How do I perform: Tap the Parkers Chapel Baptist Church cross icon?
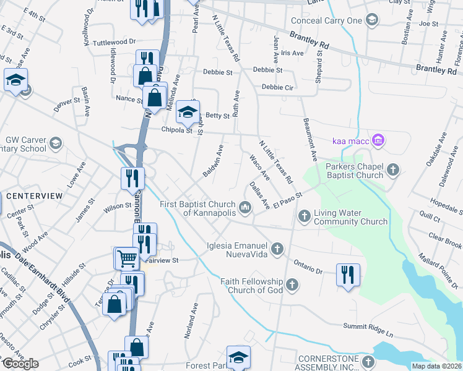click(x=392, y=169)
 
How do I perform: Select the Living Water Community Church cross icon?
click(x=304, y=216)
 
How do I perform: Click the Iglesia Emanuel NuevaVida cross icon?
click(x=277, y=249)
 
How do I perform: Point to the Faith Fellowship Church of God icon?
click(x=292, y=285)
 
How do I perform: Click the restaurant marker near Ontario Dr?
click(x=348, y=274)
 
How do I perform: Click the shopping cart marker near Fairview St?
click(x=126, y=257)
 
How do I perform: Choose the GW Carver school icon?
click(x=55, y=144)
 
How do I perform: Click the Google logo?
click(x=20, y=364)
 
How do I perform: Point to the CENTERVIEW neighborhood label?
click(x=35, y=196)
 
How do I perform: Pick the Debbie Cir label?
click(x=277, y=87)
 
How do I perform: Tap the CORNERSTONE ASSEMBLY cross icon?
click(x=369, y=360)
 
